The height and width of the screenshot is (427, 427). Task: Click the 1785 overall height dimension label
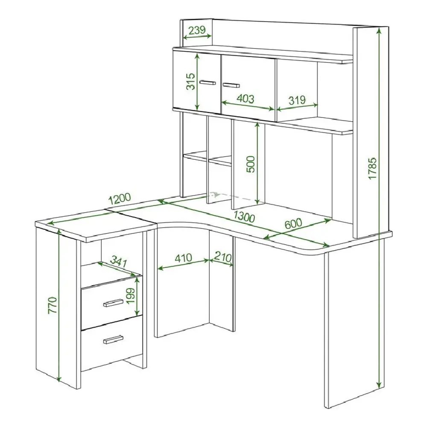click(372, 168)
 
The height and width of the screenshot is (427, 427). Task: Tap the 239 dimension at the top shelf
click(197, 30)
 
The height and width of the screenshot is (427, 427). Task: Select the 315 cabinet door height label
click(190, 81)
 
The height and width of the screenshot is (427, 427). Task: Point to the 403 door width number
click(245, 99)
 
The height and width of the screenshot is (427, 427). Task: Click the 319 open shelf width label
click(297, 100)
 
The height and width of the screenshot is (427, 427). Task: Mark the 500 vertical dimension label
click(250, 164)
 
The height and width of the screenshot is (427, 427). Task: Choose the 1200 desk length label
click(120, 199)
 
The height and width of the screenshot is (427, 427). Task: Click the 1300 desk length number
click(244, 216)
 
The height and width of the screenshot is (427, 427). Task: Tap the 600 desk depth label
click(293, 223)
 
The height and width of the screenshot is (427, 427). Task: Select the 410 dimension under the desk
click(183, 257)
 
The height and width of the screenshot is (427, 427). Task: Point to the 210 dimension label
click(223, 257)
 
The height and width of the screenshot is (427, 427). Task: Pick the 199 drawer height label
click(131, 296)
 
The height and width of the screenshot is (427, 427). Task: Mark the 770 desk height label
click(53, 306)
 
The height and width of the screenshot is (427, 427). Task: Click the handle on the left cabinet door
click(208, 82)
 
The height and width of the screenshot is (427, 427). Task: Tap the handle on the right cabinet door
click(231, 85)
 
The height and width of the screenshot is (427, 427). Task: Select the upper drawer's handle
click(113, 303)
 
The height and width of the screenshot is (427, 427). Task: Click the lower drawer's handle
click(113, 339)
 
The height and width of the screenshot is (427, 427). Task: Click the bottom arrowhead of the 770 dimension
click(59, 378)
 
